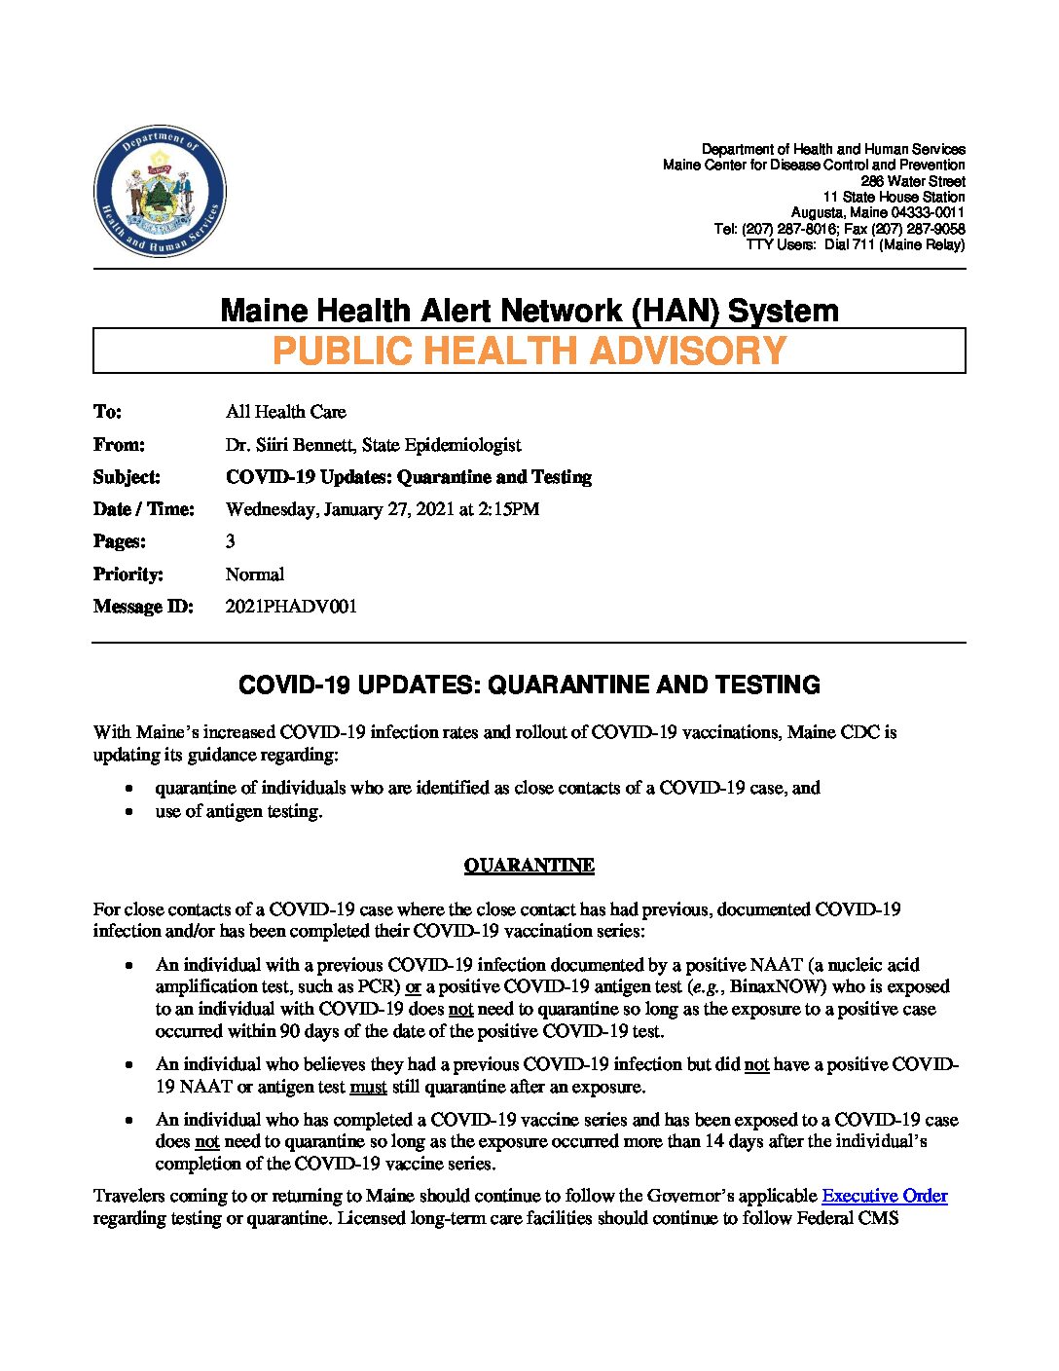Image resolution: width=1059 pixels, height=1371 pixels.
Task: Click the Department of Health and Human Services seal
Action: coord(160,192)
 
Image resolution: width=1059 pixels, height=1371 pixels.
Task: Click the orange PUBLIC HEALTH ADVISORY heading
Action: coord(529,351)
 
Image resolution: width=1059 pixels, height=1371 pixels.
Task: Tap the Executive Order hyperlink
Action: coord(884,1196)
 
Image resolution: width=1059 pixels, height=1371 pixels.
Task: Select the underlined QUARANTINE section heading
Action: coord(529,866)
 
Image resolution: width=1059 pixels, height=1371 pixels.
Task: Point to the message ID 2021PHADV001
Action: coord(291,607)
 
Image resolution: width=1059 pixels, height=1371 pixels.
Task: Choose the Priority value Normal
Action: coord(255,574)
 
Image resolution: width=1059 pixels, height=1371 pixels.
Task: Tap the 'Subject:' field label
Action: coord(127,477)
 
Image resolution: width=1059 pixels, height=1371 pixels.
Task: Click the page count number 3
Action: coord(231,541)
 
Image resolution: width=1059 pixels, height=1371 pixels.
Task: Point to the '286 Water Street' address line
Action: coord(912,181)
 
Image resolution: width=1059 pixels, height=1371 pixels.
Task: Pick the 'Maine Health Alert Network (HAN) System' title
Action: coord(529,311)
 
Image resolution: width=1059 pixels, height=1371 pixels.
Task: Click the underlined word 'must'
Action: coord(368,1087)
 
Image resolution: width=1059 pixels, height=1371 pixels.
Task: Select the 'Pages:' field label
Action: coord(120,541)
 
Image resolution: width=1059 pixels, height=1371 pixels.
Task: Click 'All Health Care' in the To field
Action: coord(285,412)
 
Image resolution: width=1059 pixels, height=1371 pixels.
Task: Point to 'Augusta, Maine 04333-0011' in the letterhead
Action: coord(877,212)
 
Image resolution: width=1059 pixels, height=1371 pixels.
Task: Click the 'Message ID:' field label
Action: coord(143,607)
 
